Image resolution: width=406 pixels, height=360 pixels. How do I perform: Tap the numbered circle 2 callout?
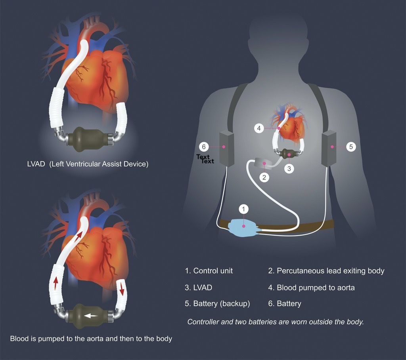point(264,177)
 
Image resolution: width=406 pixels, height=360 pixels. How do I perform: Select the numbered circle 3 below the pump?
point(289,168)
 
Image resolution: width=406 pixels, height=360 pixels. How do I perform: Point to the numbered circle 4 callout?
point(259,128)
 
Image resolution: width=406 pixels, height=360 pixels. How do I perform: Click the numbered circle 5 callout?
point(350,147)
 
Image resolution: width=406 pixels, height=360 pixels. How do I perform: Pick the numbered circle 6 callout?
point(204,147)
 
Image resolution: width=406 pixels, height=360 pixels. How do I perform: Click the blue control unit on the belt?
point(244,227)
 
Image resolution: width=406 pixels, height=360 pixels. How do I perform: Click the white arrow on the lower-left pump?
point(91,316)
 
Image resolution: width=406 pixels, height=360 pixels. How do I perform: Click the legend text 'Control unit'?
point(213,271)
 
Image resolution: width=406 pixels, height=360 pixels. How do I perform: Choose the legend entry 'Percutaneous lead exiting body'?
point(330,271)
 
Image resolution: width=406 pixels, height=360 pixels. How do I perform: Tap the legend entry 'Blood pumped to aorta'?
point(315,288)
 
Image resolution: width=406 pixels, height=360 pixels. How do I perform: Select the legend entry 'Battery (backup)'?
point(222,304)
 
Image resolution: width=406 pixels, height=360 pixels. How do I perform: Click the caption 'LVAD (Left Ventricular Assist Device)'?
point(85,164)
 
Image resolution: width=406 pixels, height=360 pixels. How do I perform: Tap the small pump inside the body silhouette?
point(289,154)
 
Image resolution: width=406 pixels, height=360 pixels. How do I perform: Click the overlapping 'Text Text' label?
point(205,159)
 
